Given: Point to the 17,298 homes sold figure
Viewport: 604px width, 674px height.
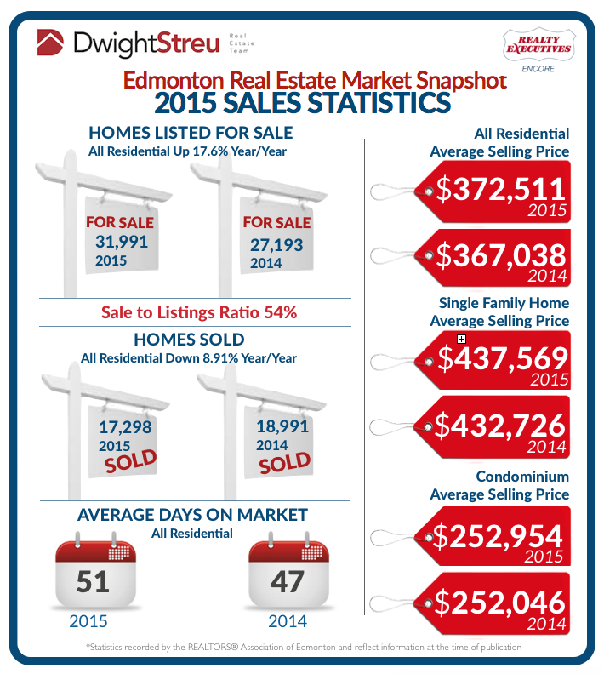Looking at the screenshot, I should pos(123,428).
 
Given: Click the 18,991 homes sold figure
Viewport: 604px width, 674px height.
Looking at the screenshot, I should pos(281,427).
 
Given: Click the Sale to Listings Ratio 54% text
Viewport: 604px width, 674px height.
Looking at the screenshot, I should pos(198,312).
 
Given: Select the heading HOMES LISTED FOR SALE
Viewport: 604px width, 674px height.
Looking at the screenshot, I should pos(191,133).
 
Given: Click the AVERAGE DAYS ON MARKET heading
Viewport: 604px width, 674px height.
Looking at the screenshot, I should pos(192,515).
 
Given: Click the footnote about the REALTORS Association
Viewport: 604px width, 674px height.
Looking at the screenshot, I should pos(303,648).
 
